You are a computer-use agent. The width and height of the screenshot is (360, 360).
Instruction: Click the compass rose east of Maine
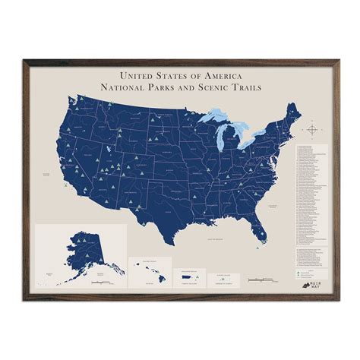[x=313, y=130]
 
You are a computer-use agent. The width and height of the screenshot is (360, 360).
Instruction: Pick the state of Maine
[x=294, y=117]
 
